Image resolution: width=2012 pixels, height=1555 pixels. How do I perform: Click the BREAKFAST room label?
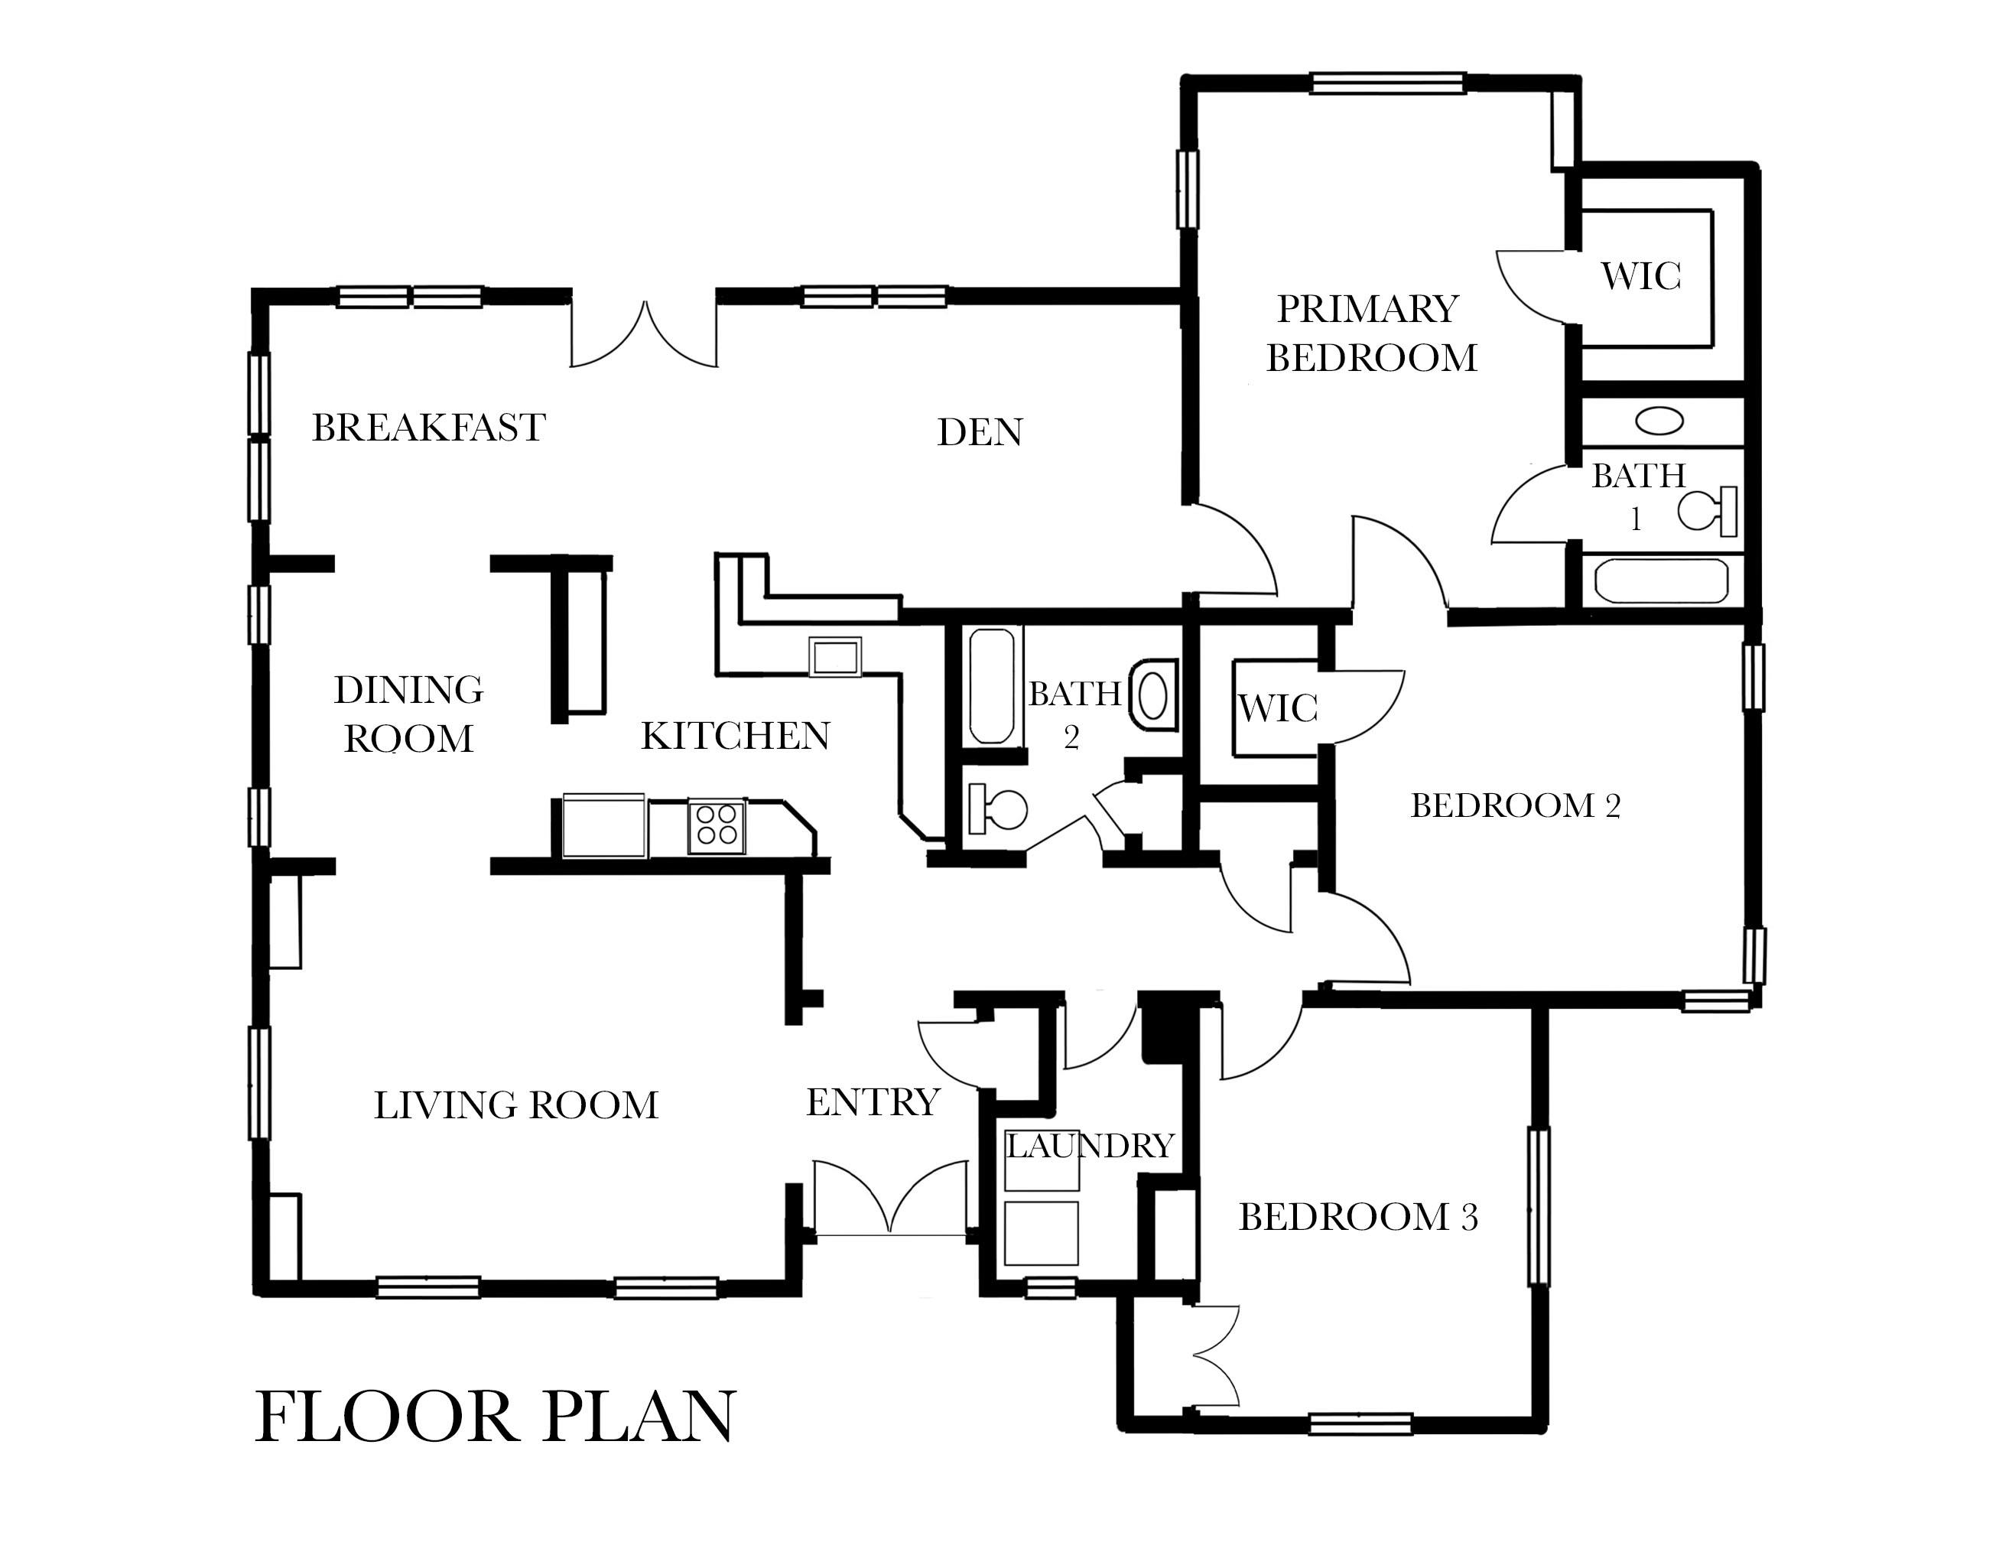pos(428,428)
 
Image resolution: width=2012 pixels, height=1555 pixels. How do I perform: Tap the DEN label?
pos(980,432)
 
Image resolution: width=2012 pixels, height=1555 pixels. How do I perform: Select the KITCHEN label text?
pos(735,736)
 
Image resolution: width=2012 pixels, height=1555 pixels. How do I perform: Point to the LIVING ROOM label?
pos(516,1104)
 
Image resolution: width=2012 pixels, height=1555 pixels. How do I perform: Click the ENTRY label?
pos(873,1101)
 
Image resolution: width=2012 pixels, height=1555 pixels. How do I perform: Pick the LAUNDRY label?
pos(1089,1145)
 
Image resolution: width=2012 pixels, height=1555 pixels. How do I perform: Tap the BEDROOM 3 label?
pos(1358,1217)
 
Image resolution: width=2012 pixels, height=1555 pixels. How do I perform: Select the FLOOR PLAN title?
pos(495,1416)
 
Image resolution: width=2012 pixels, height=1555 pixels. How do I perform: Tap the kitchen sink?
pos(834,657)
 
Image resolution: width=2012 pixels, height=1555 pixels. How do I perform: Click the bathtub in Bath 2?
pos(991,686)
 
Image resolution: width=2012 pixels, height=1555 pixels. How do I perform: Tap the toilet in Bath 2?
pos(998,808)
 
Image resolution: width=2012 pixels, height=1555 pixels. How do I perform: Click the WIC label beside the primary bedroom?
pos(1641,275)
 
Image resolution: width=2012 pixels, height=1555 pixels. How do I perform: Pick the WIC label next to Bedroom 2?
pos(1277,708)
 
